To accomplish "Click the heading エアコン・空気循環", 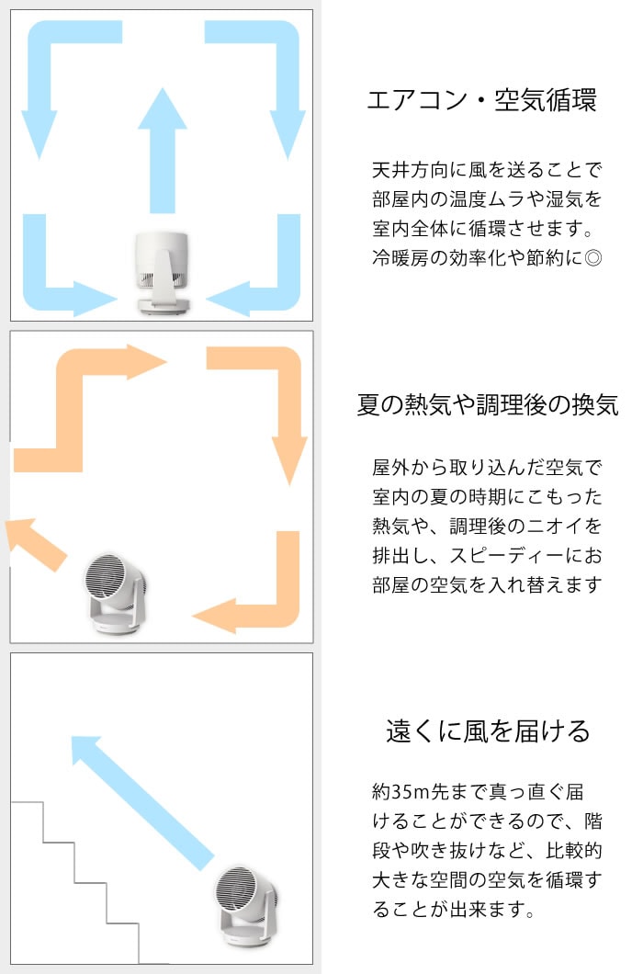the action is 481,100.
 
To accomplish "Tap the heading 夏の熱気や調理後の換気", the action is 488,405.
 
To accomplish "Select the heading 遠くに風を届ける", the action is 488,731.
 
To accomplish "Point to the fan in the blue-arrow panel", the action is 163,272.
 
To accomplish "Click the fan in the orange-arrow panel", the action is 115,594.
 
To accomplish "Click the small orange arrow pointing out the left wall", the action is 36,543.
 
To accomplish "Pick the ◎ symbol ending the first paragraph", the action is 593,258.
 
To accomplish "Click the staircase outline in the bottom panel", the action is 74,882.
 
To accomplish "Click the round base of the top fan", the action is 163,304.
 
